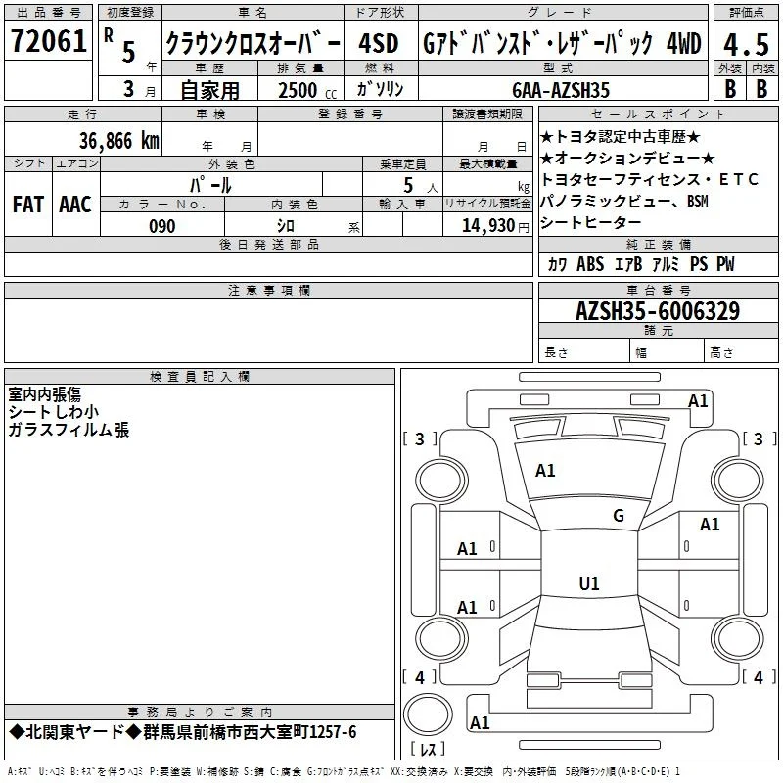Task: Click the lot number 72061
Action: point(48,41)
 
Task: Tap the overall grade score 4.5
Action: point(746,45)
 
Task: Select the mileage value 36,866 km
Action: point(119,141)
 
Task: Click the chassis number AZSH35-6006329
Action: point(658,311)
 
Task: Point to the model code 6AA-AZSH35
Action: point(561,90)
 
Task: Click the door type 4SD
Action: point(379,43)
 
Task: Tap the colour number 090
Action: point(162,226)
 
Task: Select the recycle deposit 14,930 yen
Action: point(495,226)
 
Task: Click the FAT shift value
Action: point(28,205)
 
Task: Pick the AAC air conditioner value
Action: point(75,205)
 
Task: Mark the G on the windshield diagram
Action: point(619,516)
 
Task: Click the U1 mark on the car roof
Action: point(589,583)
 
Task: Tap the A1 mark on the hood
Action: point(545,471)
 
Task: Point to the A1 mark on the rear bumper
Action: point(480,723)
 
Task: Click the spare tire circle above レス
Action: point(428,714)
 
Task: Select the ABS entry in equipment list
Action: point(590,264)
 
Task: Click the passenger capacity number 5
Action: point(408,185)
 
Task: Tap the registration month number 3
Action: point(129,89)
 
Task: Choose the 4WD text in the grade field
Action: point(683,43)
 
